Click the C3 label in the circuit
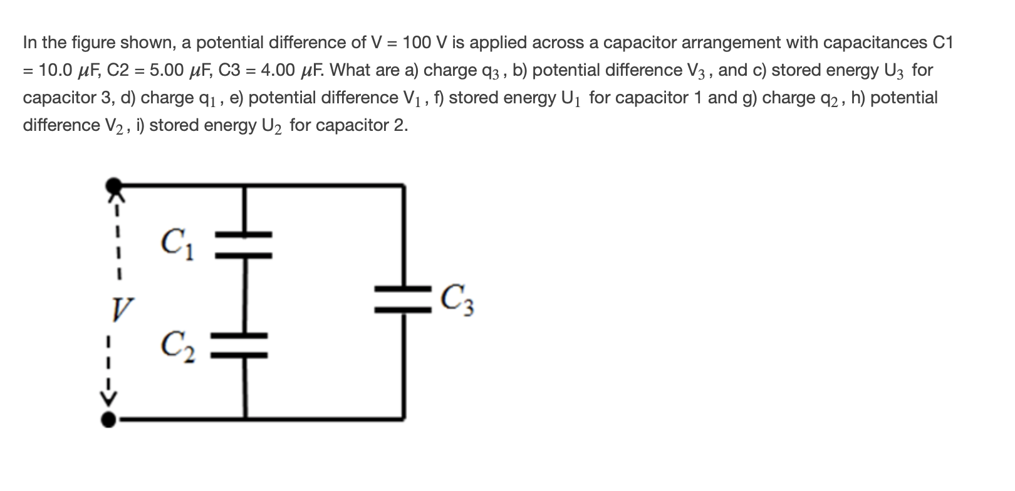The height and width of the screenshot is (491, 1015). pos(457,301)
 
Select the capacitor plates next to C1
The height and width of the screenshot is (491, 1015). pos(244,245)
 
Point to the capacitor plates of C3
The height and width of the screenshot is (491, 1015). pos(403,299)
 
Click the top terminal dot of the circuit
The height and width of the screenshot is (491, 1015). pos(113,186)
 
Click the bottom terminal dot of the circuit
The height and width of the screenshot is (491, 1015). pos(109,419)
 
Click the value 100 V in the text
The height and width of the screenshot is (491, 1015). pos(425,43)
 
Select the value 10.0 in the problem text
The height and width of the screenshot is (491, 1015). pos(56,70)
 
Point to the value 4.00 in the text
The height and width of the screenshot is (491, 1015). pos(278,70)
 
